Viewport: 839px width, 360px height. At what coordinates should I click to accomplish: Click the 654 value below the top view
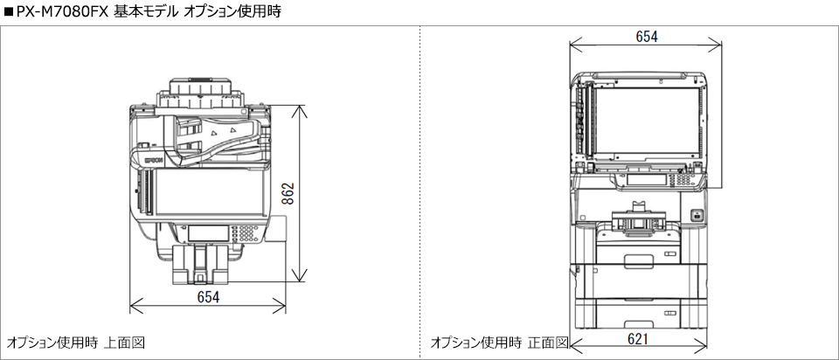[208, 297]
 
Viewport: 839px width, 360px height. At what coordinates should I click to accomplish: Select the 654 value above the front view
[646, 36]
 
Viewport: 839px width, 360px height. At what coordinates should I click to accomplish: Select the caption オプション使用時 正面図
[498, 341]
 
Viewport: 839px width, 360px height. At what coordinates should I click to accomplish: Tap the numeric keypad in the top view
[247, 233]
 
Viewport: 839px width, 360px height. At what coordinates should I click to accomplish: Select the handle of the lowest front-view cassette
[641, 310]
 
